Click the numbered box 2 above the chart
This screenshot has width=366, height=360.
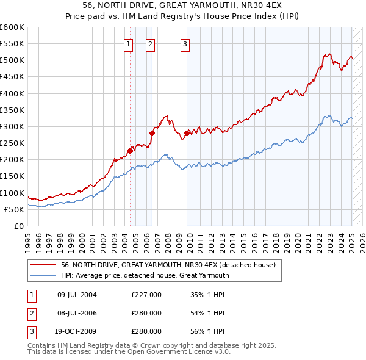pos(150,43)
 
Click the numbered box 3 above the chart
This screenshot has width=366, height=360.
pos(185,43)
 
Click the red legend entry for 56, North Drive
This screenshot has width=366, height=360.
pos(168,265)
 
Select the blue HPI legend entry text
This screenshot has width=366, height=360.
pos(145,275)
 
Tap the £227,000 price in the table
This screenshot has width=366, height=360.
pos(146,295)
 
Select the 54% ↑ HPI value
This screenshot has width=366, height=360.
pos(207,313)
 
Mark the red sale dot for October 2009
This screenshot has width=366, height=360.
pos(187,133)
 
